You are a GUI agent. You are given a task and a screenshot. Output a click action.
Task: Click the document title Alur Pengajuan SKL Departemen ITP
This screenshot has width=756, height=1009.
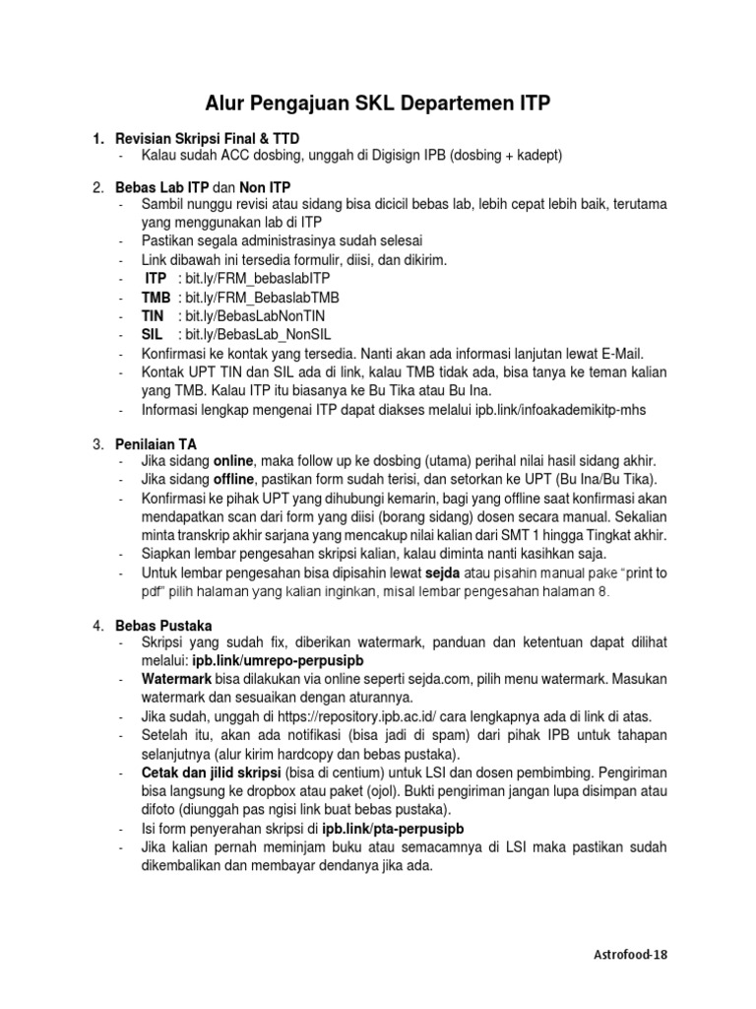[x=377, y=102]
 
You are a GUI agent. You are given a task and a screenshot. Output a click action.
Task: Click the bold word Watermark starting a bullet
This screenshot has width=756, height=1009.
[x=176, y=679]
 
